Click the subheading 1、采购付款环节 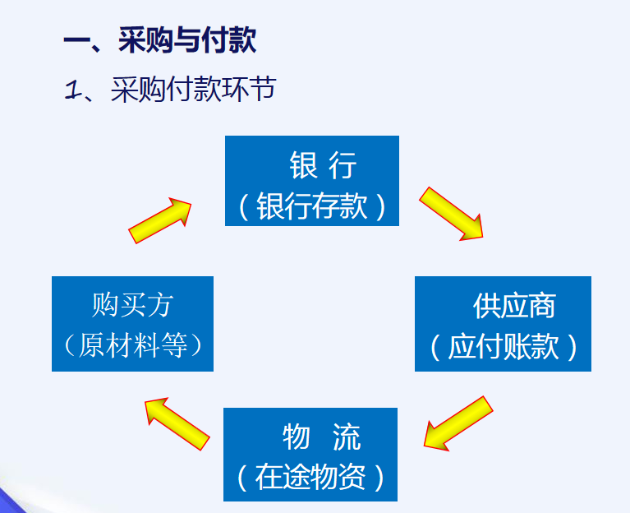coord(169,89)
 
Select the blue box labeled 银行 coord(312,181)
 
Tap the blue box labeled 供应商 coord(503,324)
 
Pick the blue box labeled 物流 coord(310,455)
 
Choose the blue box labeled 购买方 coord(132,324)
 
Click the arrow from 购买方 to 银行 coord(161,221)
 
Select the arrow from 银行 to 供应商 coord(452,213)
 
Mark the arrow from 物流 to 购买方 coord(176,423)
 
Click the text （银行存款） coord(312,206)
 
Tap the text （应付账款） coord(504,347)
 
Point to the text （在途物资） coord(310,478)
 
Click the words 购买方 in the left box coord(132,306)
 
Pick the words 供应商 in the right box coord(514,306)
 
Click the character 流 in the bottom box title coord(347,437)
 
